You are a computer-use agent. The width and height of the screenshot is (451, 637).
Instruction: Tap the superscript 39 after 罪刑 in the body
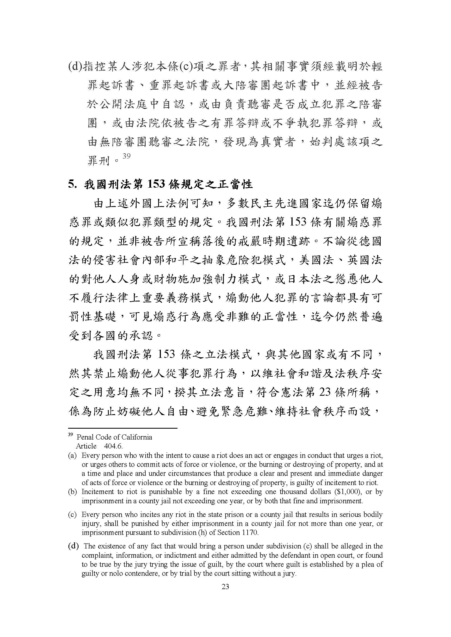click(x=126, y=156)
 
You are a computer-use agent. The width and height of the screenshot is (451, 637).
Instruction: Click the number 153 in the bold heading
click(x=155, y=184)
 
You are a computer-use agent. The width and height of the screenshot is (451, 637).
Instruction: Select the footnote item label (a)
click(x=72, y=456)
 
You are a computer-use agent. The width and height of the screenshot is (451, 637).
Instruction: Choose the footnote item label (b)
click(x=72, y=492)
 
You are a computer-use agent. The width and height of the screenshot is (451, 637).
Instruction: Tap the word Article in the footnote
click(x=86, y=446)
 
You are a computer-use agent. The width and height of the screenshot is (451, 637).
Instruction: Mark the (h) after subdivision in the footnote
click(x=198, y=532)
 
